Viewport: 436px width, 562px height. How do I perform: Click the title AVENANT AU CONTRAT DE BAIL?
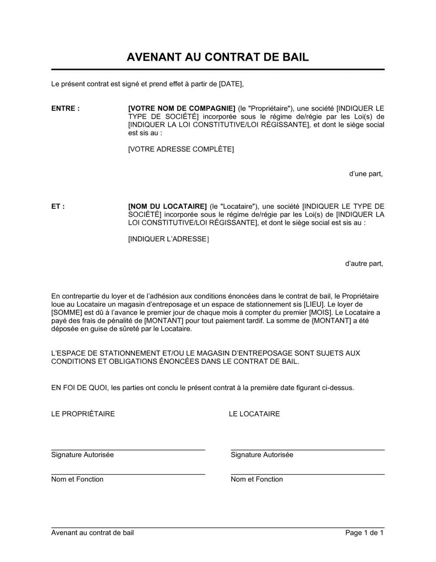218,57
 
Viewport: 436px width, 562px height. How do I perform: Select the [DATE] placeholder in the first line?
230,84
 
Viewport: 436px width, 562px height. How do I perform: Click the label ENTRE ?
65,108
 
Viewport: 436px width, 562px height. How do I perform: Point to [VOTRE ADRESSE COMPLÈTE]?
181,149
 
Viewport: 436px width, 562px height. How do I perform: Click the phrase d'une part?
366,174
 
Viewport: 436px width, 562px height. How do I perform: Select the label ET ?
58,207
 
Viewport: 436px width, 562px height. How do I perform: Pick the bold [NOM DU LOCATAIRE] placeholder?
167,207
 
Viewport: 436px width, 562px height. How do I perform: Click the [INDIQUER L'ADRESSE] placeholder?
168,239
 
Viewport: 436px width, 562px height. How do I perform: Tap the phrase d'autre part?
364,264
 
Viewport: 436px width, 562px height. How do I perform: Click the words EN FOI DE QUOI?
79,387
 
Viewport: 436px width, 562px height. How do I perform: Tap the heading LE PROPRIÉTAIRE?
83,414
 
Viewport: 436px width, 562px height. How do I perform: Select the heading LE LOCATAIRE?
254,414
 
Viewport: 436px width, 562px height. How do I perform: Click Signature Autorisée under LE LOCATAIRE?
262,455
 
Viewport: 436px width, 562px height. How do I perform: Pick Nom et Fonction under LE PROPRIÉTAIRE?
77,479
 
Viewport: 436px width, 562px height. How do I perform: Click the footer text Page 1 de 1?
364,533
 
